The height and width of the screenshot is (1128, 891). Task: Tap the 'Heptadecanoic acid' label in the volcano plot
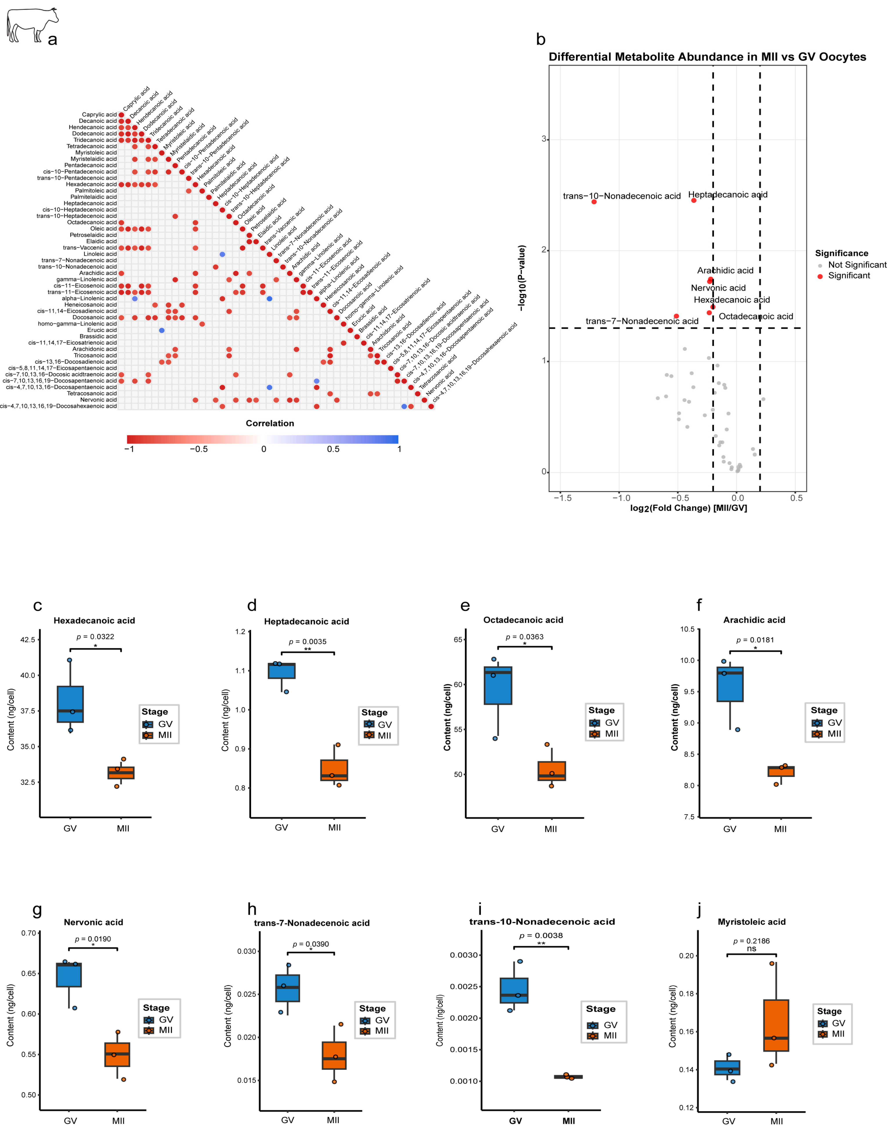click(728, 195)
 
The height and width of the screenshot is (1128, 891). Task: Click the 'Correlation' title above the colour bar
click(270, 423)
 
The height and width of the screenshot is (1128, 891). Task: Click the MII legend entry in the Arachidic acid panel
click(834, 734)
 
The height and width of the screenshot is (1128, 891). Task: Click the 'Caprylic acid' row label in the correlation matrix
click(99, 115)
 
